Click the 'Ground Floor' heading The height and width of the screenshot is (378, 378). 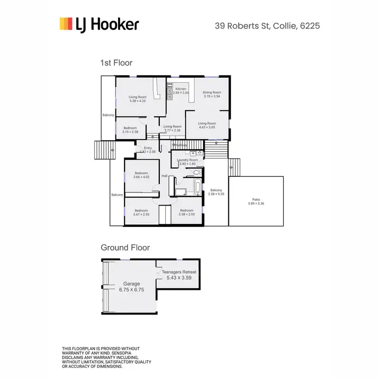point(125,247)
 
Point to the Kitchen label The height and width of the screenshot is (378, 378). point(180,89)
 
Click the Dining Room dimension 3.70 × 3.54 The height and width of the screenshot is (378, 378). point(212,97)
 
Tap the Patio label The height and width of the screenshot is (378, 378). point(256,200)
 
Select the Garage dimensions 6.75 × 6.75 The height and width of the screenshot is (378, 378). point(131,290)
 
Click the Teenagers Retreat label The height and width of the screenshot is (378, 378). point(179,272)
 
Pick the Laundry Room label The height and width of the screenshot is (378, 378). point(187,160)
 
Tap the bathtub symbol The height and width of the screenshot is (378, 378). point(197,190)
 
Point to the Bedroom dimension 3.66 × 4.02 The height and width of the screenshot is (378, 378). point(142,177)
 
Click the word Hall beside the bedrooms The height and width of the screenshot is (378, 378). point(164,176)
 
